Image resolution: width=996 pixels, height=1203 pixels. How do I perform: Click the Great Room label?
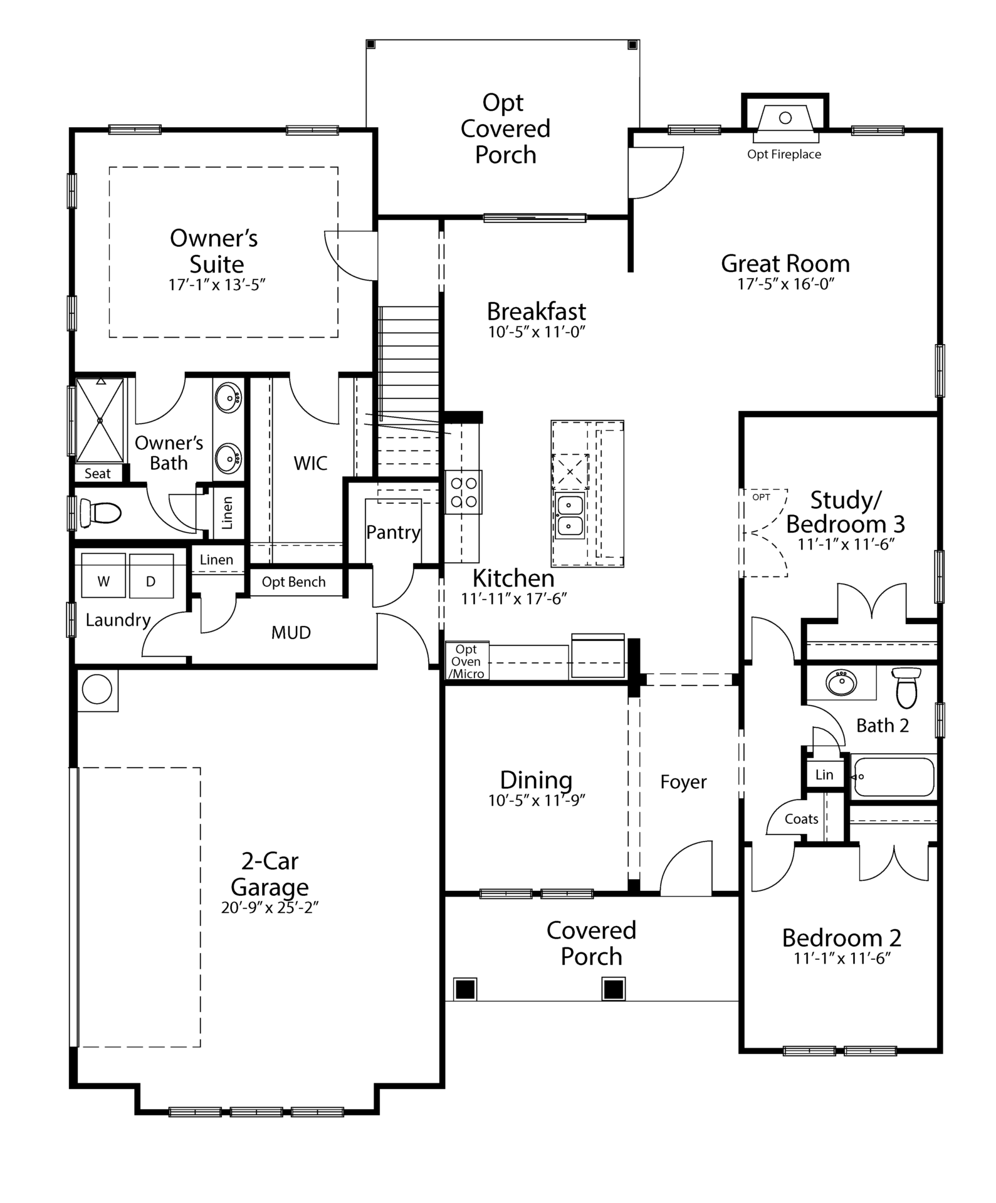tap(785, 264)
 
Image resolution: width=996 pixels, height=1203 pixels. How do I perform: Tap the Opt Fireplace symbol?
tap(785, 118)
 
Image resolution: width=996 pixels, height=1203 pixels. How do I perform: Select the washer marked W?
tap(103, 576)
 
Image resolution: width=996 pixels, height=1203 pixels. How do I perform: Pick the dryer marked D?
tap(151, 576)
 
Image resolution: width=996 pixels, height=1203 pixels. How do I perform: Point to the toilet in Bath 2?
tap(906, 687)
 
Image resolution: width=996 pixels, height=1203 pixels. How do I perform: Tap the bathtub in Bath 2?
tap(893, 777)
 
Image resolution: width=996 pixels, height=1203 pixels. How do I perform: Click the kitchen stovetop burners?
tap(464, 492)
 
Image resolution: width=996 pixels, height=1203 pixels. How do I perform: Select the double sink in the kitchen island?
tap(570, 515)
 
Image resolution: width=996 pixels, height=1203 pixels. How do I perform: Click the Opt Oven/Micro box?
tap(467, 662)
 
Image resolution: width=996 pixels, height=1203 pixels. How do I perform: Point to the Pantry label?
tap(393, 533)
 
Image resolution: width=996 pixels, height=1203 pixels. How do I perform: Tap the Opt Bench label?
tap(293, 582)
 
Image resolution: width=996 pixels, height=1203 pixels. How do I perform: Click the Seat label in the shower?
tap(97, 474)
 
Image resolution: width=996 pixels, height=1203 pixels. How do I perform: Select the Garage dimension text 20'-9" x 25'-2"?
tap(270, 908)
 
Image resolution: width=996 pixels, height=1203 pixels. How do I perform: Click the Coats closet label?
tap(801, 819)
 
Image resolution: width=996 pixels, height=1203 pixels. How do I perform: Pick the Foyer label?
tap(683, 782)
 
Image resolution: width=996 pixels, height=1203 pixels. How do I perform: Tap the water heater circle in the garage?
tap(97, 689)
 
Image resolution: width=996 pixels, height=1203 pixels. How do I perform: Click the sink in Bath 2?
tap(841, 683)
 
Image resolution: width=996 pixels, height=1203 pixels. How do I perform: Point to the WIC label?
tap(310, 463)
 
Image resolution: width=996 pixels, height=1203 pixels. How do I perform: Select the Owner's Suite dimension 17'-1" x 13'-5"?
tap(217, 284)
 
